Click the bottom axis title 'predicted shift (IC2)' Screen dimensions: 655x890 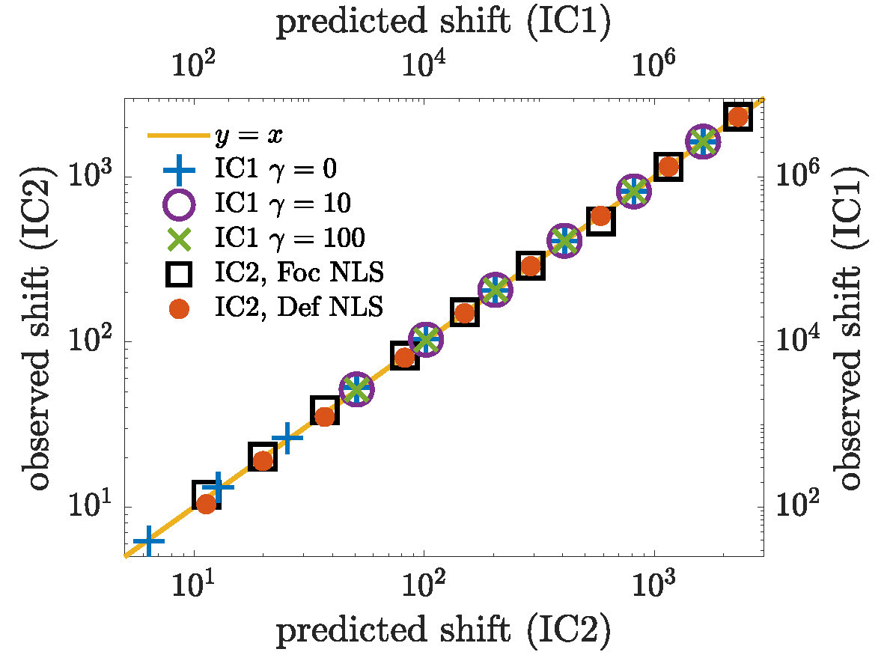[x=444, y=633]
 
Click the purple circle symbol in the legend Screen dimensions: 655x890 [x=178, y=204]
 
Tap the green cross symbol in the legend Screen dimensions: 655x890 [x=178, y=238]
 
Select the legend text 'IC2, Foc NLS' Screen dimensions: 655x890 [x=299, y=272]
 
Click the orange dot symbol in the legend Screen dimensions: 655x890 [x=178, y=307]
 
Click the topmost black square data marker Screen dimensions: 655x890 [x=737, y=117]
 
